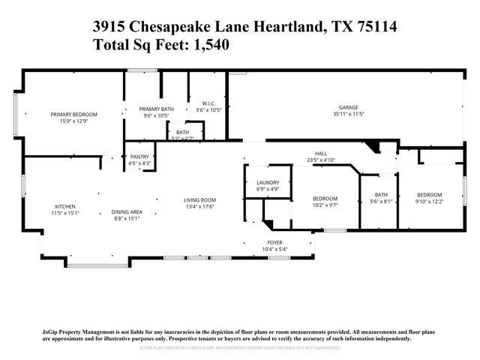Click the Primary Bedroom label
click(74, 114)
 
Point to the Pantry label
click(139, 157)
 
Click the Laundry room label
click(268, 183)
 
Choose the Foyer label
click(274, 242)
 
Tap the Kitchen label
click(64, 207)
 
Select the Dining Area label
click(127, 212)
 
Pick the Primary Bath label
click(156, 109)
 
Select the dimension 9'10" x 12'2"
click(430, 201)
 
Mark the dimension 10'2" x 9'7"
click(325, 205)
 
